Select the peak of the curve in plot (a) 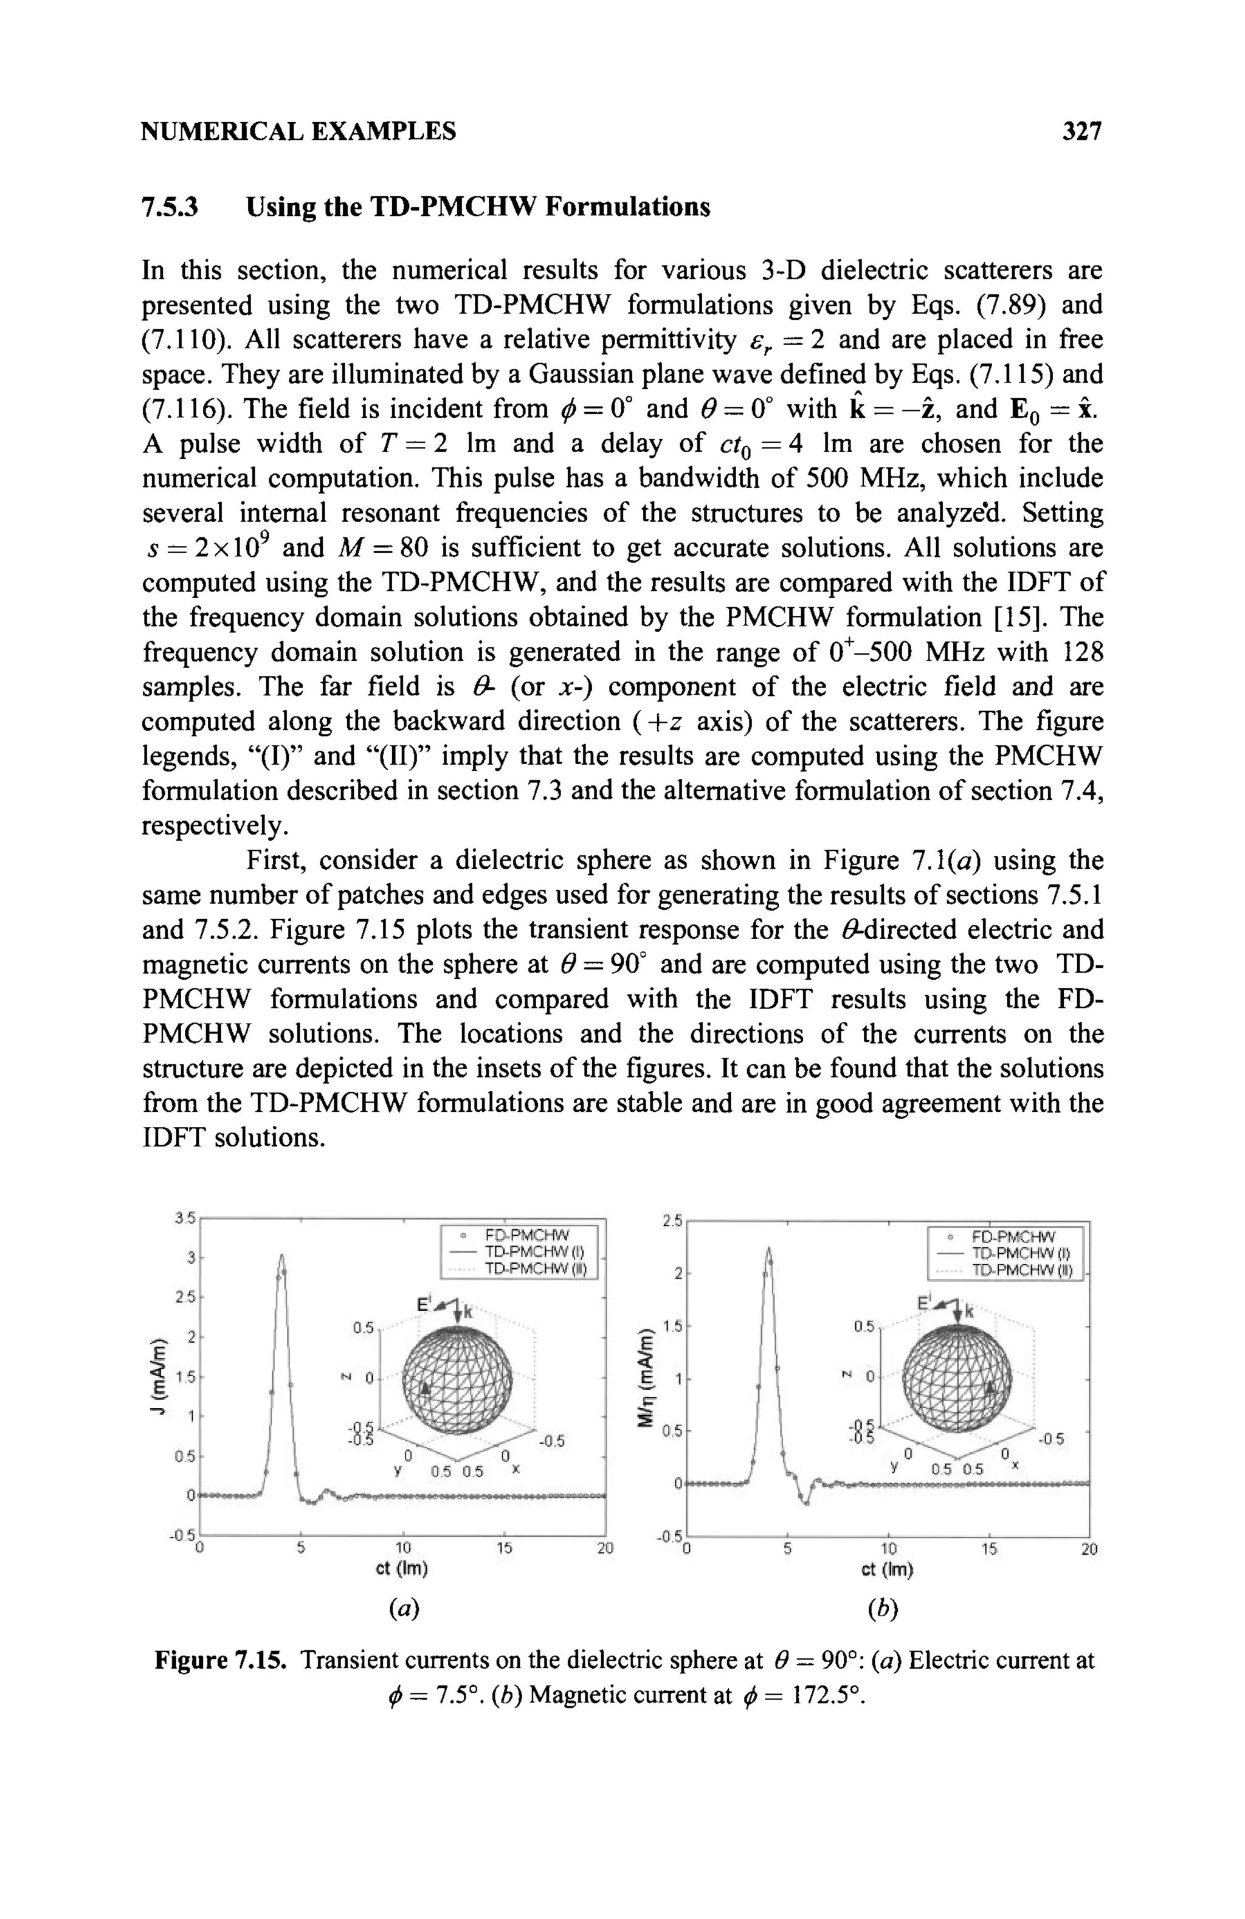[x=281, y=1255]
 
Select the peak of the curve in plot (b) [x=769, y=1249]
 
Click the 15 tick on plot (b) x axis [x=988, y=1549]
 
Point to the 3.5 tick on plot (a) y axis [x=185, y=1218]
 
